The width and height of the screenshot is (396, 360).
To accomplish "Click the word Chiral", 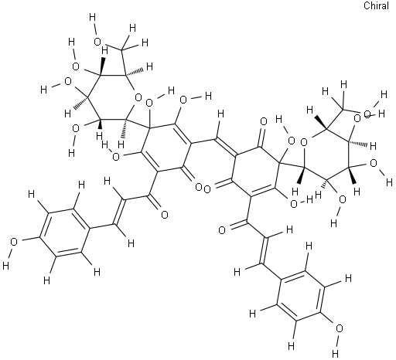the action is click(x=376, y=5).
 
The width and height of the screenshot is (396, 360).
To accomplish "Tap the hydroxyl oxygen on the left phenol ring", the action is click(x=13, y=242).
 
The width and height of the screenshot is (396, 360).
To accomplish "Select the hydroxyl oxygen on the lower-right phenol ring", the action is click(x=339, y=328).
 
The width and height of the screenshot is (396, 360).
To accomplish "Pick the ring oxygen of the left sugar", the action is click(x=138, y=97).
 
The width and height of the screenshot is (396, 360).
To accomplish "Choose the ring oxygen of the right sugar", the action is click(x=304, y=141).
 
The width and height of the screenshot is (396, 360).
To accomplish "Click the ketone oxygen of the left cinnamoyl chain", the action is click(x=164, y=215).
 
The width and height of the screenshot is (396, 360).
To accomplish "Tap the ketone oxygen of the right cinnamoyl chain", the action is click(x=222, y=230).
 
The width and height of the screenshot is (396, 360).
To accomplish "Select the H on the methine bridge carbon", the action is click(x=221, y=114).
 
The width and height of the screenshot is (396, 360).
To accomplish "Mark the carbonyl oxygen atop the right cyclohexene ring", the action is click(x=264, y=121).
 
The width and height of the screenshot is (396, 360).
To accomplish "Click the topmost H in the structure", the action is click(x=92, y=18).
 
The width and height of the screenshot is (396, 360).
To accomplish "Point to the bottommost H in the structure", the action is click(x=336, y=352).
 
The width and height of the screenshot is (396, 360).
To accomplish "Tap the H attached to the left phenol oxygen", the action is click(x=5, y=266).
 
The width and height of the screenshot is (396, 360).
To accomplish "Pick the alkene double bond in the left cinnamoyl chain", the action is click(x=120, y=212).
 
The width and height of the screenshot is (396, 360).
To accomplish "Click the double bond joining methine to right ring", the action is click(x=226, y=147).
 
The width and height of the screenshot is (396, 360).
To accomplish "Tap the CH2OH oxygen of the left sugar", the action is click(x=97, y=42).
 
